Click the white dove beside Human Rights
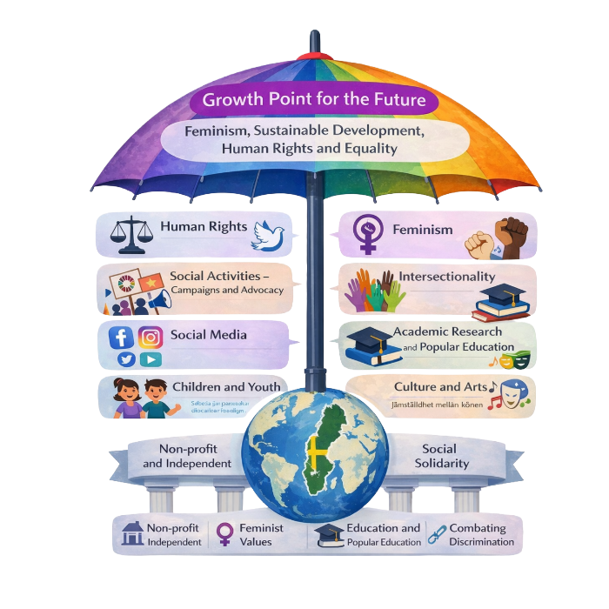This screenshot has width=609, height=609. pyautogui.click(x=268, y=233)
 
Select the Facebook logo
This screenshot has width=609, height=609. pyautogui.click(x=121, y=338)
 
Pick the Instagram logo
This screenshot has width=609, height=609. pyautogui.click(x=151, y=338)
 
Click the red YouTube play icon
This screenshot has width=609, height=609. pyautogui.click(x=151, y=359)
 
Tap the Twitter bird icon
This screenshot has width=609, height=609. pyautogui.click(x=126, y=359)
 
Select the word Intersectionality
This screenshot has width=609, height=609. pyautogui.click(x=446, y=277)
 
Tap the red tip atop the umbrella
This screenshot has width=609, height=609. pyautogui.click(x=314, y=55)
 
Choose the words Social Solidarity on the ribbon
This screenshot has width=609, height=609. pyautogui.click(x=445, y=456)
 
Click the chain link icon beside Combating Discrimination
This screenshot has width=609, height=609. pyautogui.click(x=436, y=533)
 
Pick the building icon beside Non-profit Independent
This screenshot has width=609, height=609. pyautogui.click(x=131, y=532)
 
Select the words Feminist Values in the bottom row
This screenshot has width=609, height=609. pyautogui.click(x=256, y=534)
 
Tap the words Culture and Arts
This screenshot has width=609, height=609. pyautogui.click(x=440, y=386)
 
